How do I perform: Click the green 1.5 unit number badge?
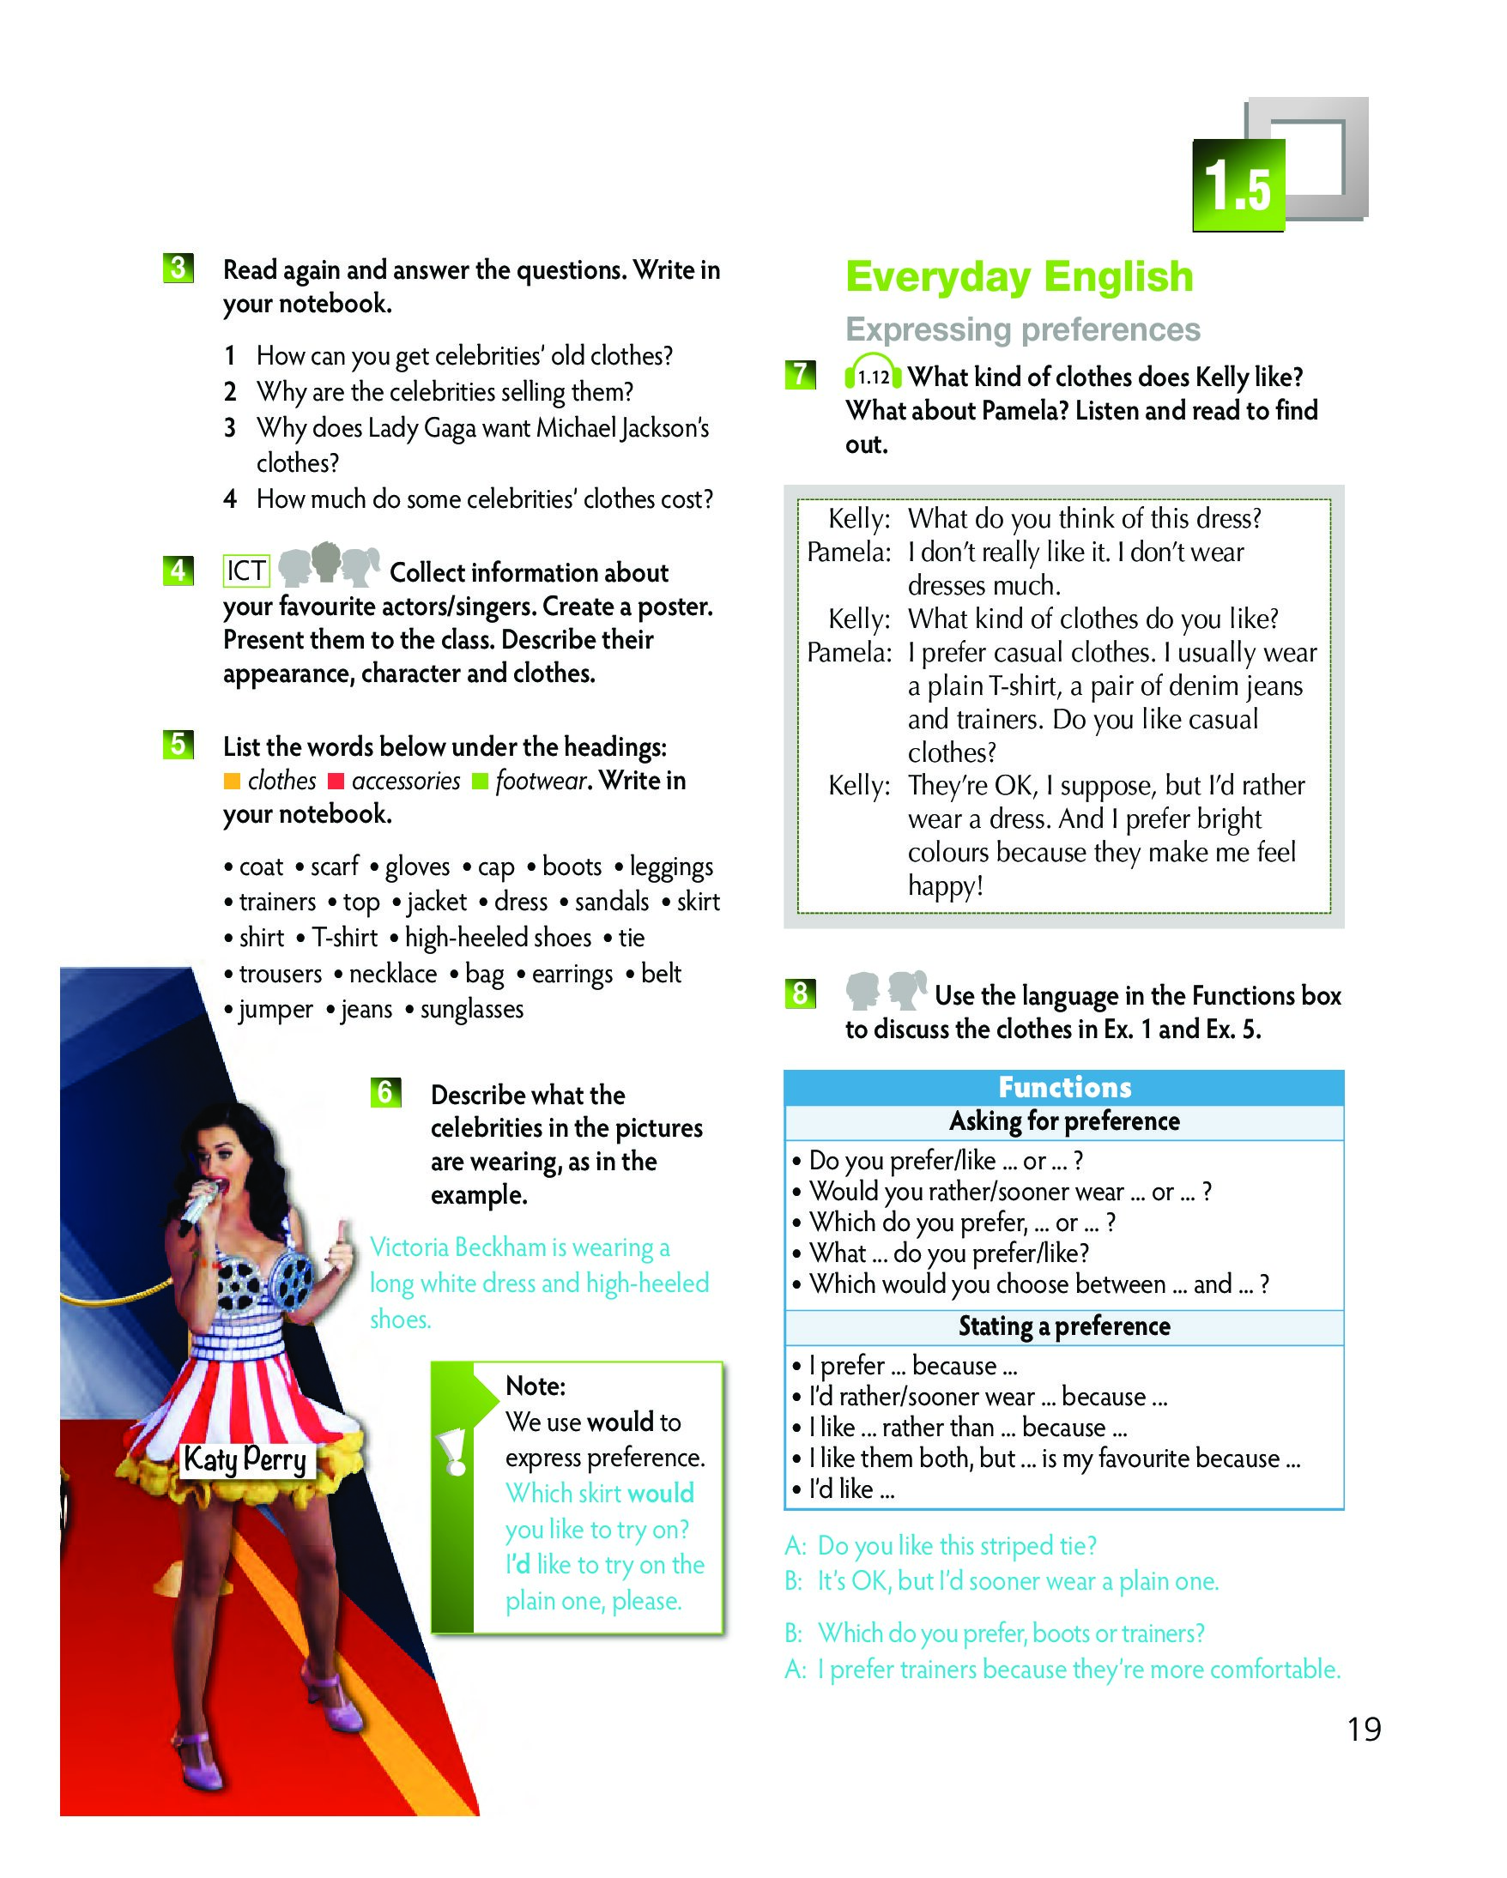(1238, 185)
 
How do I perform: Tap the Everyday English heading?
(1019, 277)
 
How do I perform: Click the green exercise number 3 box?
(178, 269)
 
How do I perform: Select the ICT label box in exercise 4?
(246, 571)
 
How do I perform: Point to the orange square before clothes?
(232, 782)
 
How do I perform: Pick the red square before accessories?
(336, 782)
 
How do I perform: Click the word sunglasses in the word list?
(471, 1009)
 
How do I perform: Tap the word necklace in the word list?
(393, 973)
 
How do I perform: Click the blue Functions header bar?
(1063, 1087)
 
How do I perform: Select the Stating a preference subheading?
(1063, 1325)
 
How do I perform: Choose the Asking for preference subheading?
(1063, 1121)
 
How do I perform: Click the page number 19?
(1364, 1729)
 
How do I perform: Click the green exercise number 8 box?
(800, 993)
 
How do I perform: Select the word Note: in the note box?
(535, 1386)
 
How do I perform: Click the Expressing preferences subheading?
(1023, 329)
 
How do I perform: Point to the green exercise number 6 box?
(385, 1092)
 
